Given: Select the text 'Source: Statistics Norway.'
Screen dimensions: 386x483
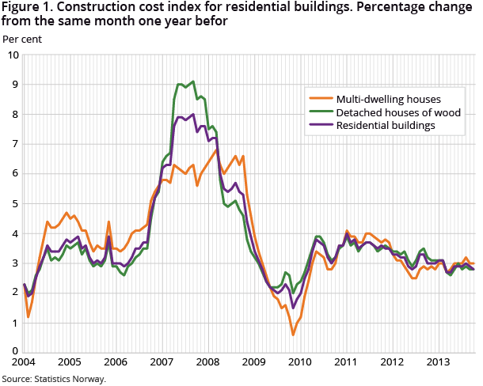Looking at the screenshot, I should (54, 378).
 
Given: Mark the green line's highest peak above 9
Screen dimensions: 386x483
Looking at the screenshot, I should (192, 81).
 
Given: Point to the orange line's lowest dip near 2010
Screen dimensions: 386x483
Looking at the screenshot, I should (294, 335).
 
